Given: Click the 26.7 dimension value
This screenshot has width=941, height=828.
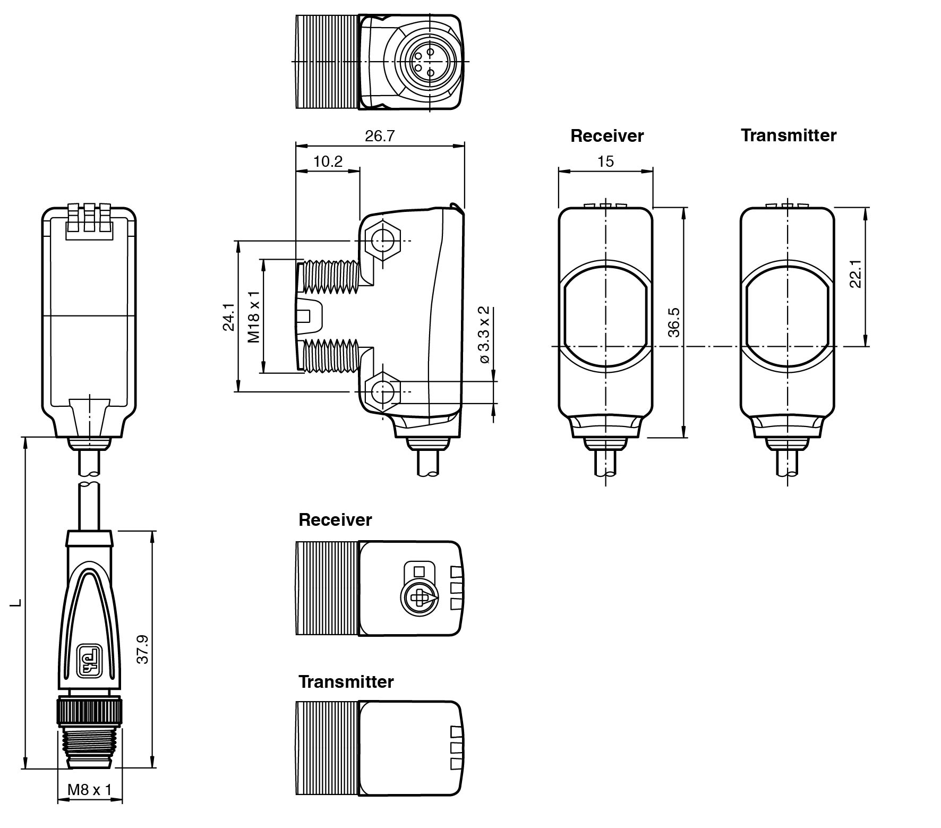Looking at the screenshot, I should point(380,136).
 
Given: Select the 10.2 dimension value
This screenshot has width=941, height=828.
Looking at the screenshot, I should point(328,161).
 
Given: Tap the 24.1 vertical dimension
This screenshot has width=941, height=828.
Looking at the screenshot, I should point(229,317).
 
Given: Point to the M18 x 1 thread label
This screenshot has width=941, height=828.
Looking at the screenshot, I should point(254,317).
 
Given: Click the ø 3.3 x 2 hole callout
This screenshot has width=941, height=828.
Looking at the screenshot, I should point(484,335).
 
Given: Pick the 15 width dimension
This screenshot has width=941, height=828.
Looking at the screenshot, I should point(605,161).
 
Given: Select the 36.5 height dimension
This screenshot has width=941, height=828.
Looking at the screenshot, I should point(674,322).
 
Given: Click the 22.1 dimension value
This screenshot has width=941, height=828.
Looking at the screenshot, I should point(855,274).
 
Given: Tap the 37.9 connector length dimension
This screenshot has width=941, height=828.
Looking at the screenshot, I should point(142,649).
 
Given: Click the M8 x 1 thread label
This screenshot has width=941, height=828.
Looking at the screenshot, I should point(89,790).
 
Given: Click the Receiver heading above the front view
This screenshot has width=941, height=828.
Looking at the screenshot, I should point(606,136).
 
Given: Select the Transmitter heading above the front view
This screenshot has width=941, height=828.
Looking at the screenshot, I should point(788,135).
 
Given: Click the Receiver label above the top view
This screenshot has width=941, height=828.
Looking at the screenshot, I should point(335,519).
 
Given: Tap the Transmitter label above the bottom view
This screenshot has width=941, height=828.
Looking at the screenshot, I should point(346,681).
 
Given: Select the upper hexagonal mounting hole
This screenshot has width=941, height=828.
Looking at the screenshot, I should point(382,242).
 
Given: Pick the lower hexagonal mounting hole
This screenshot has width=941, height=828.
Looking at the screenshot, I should point(382,392).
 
